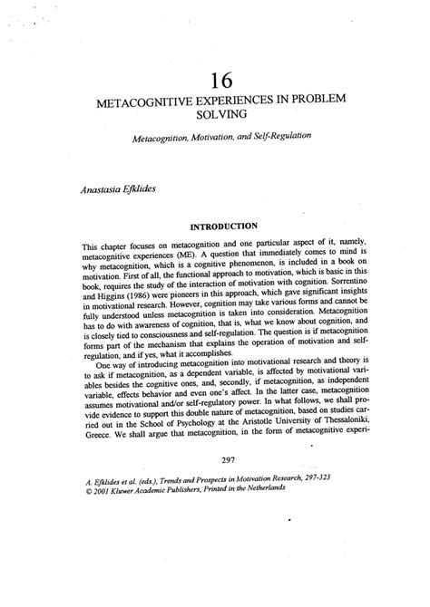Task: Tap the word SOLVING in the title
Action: click(x=216, y=115)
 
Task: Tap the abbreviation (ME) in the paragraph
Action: click(x=168, y=256)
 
